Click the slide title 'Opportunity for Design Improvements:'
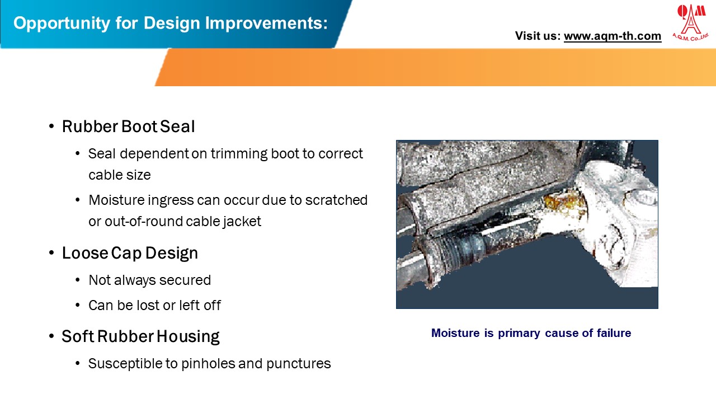coord(170,24)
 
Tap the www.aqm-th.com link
coord(612,36)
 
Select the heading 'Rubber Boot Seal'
coord(128,126)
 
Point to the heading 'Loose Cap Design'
coord(130,253)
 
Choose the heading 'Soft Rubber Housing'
coord(140,336)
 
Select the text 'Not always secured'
coord(149,280)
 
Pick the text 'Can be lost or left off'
coord(154,305)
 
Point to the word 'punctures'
coord(299,363)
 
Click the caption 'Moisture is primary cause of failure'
coord(531,333)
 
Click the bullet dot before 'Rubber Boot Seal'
coord(51,126)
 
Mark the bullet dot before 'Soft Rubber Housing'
coord(51,336)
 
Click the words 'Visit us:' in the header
coord(538,36)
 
